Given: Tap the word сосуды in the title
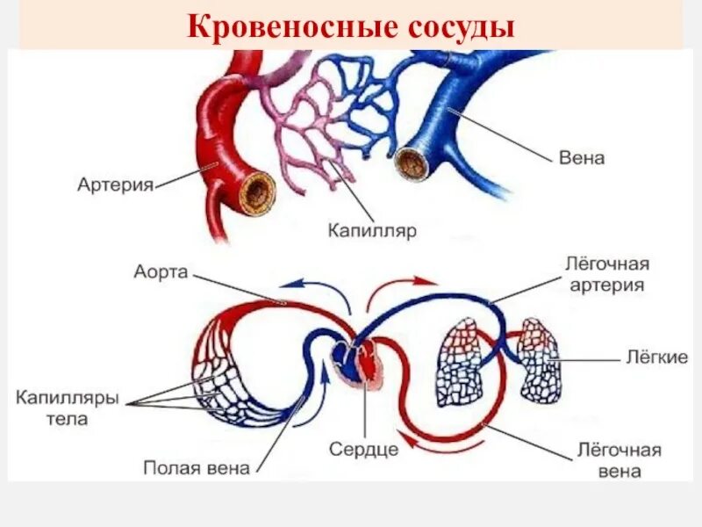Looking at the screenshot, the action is click(460, 25).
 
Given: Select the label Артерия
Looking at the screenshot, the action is click(115, 184).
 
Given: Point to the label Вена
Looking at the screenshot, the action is click(582, 158).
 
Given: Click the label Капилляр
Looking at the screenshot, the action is click(372, 230).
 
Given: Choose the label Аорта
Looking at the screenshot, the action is click(161, 271).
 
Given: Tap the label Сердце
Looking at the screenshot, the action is click(363, 449).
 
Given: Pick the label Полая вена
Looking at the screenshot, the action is click(197, 467).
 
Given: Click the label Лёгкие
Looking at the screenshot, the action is click(655, 357).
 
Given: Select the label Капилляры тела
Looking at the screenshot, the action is click(67, 408).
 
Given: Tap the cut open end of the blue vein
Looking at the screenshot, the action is click(410, 162).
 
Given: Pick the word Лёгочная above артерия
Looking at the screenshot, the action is click(606, 263).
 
